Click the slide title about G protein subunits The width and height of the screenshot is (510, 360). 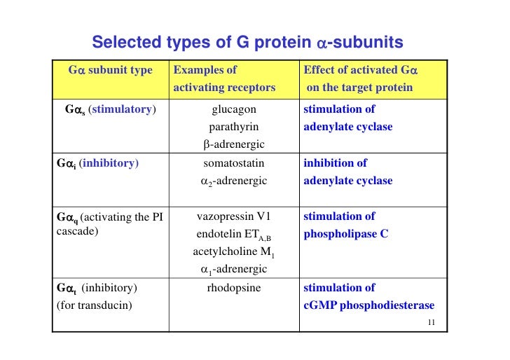[x=247, y=43]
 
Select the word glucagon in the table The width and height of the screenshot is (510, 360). [x=234, y=109]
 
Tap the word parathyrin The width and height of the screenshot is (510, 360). [x=234, y=127]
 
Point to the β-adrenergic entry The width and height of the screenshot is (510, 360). [x=234, y=145]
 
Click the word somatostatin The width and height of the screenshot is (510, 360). [x=234, y=163]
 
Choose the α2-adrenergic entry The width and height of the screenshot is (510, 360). [x=234, y=181]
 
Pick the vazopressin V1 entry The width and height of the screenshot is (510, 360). [x=234, y=216]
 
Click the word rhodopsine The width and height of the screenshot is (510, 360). [x=234, y=288]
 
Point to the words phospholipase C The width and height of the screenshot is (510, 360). [x=345, y=235]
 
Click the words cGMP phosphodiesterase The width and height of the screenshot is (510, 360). [x=368, y=305]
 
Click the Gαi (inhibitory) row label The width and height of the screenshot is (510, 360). [x=97, y=163]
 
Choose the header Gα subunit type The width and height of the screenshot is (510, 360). [x=110, y=70]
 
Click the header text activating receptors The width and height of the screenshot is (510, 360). [x=224, y=88]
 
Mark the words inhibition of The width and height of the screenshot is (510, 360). [x=335, y=163]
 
